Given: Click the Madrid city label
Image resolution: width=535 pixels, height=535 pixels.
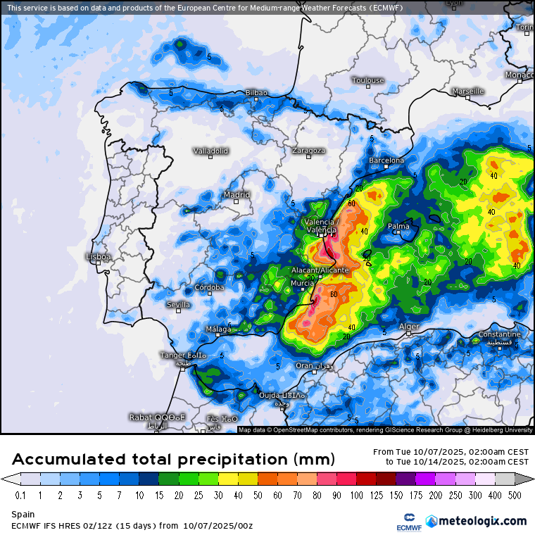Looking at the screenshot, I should pyautogui.click(x=237, y=195).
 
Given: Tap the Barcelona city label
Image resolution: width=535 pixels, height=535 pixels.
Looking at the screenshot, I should pyautogui.click(x=386, y=160).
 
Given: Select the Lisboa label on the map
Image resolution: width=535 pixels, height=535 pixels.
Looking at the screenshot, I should pyautogui.click(x=98, y=257).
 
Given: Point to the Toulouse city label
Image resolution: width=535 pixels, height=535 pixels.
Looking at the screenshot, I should pyautogui.click(x=368, y=80).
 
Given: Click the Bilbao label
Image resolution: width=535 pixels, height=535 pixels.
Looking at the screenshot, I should pyautogui.click(x=256, y=93).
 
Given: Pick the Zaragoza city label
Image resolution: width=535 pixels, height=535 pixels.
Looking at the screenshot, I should pyautogui.click(x=308, y=151).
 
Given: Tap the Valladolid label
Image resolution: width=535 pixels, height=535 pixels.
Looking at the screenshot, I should pyautogui.click(x=210, y=151).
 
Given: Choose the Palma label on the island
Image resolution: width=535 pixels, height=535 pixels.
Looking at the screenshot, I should pyautogui.click(x=399, y=227).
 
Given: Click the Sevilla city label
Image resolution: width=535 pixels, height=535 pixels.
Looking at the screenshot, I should pyautogui.click(x=178, y=305).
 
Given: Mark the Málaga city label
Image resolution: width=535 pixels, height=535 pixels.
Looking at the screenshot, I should pyautogui.click(x=218, y=329).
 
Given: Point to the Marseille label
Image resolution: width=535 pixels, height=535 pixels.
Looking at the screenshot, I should pyautogui.click(x=468, y=92).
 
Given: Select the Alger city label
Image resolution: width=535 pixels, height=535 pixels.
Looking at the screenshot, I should pyautogui.click(x=409, y=327).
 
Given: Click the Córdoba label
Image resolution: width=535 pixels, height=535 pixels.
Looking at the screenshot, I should pyautogui.click(x=209, y=287).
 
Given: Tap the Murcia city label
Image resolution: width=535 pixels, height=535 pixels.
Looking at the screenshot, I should pyautogui.click(x=303, y=284).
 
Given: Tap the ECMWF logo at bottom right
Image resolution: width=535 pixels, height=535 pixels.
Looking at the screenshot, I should pyautogui.click(x=409, y=522).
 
